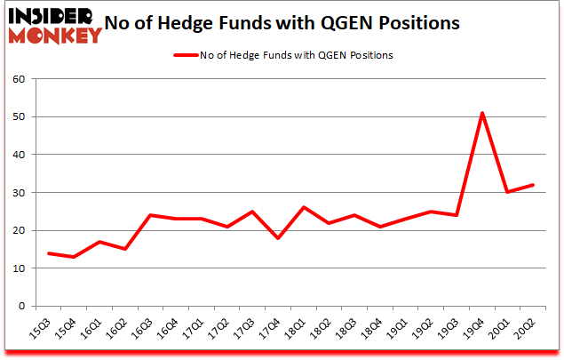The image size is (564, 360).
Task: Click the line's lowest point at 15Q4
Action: click(x=72, y=257)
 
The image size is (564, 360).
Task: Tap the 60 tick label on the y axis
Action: click(x=18, y=79)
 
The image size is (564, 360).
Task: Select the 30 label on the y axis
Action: click(x=18, y=193)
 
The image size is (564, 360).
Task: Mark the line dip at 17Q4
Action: click(x=277, y=238)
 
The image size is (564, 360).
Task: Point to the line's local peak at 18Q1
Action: click(x=303, y=208)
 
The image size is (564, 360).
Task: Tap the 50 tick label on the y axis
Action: click(x=18, y=117)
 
